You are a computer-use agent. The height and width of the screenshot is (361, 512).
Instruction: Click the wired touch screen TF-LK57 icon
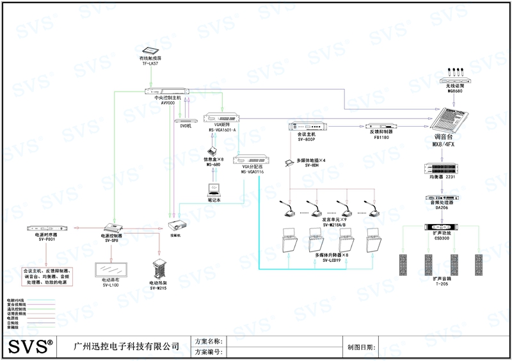pos(152,49)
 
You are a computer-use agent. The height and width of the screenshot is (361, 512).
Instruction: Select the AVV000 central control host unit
pos(168,90)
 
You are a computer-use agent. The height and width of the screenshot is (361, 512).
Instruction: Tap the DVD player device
pos(186,120)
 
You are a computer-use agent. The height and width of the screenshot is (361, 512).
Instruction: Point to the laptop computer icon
pos(213,190)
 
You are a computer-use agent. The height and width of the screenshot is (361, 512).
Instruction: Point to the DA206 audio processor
pos(442,198)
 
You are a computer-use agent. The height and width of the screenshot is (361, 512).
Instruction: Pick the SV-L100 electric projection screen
pos(111,268)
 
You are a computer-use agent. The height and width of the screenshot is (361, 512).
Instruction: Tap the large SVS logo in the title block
pos(30,347)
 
